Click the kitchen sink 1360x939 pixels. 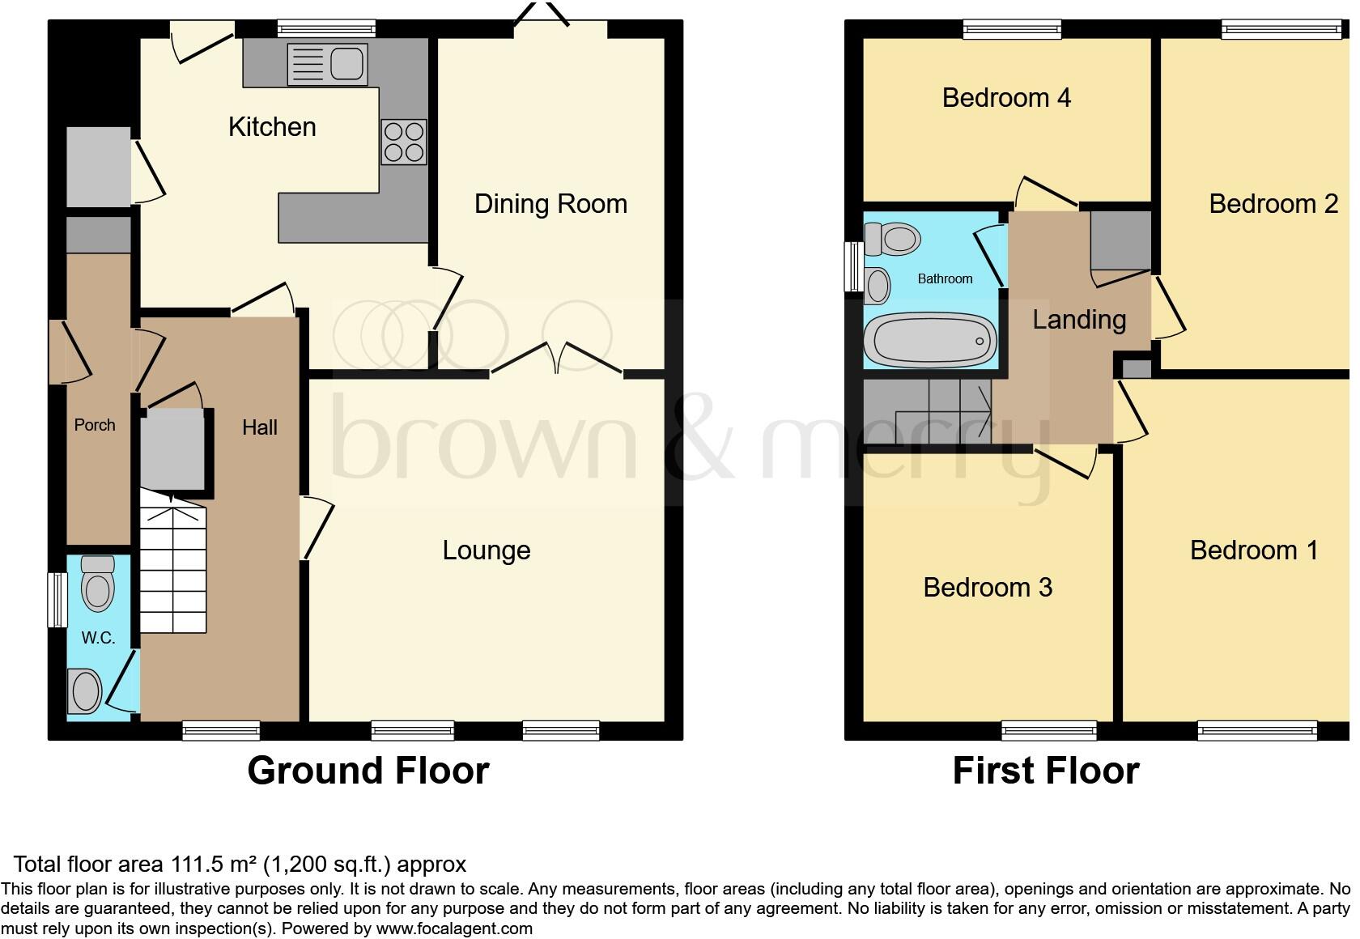tap(328, 64)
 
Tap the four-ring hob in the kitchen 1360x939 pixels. tap(403, 142)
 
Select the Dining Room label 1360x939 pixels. tap(550, 204)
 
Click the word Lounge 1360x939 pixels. tap(486, 550)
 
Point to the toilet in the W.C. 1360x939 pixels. tap(98, 584)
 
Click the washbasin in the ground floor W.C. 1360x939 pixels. tap(84, 692)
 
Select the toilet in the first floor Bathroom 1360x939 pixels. tap(894, 239)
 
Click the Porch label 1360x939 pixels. tap(95, 425)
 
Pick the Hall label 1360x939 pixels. tap(260, 427)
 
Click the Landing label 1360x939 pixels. tap(1079, 320)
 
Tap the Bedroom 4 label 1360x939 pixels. tap(1006, 98)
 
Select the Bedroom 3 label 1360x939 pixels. tap(988, 587)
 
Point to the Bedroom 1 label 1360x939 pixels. tap(1254, 550)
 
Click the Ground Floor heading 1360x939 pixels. tap(368, 771)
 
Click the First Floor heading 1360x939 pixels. tap(1045, 771)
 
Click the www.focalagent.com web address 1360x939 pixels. tap(454, 928)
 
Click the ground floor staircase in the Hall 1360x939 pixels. tap(173, 567)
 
